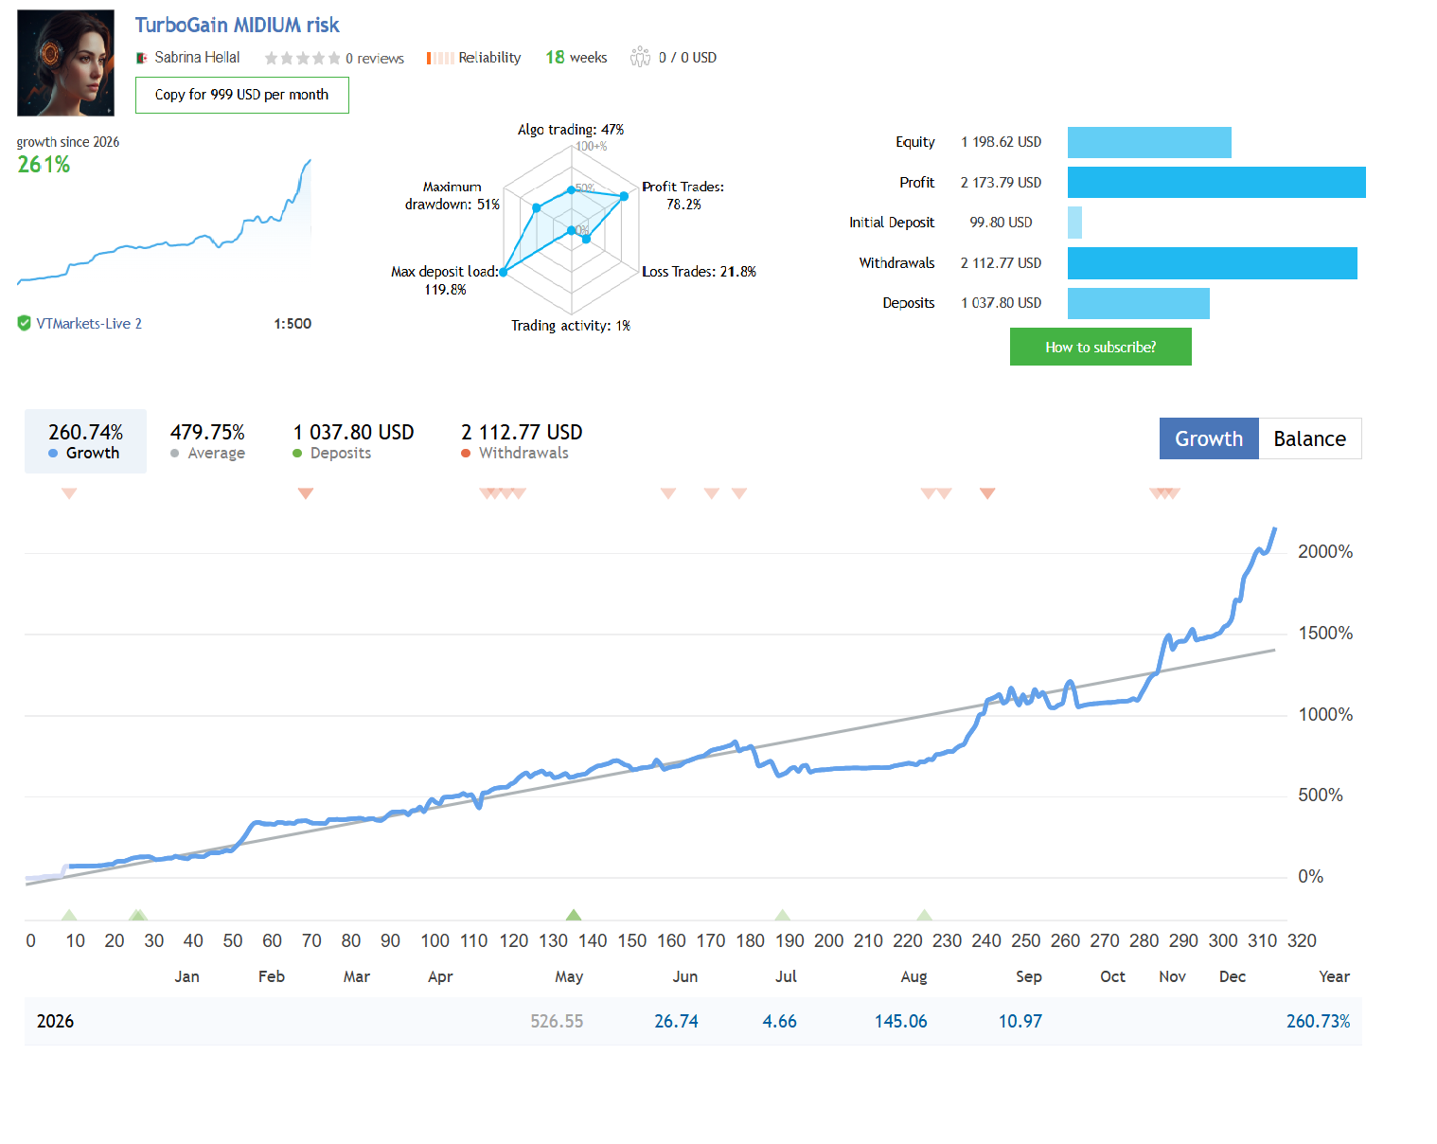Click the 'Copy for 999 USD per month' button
[241, 95]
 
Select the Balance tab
[1309, 438]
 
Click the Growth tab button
[1209, 438]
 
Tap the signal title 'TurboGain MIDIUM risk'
[237, 26]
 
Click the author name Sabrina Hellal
[197, 58]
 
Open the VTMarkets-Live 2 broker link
[89, 324]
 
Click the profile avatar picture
[65, 63]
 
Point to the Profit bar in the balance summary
[1216, 183]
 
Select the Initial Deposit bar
[1074, 223]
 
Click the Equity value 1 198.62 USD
[1001, 142]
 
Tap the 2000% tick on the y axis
[1324, 552]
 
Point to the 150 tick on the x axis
[631, 940]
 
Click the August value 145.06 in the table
[900, 1021]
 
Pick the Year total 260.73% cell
[1318, 1021]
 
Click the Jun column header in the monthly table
[685, 976]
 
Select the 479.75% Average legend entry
[207, 441]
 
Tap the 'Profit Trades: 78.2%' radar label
[683, 195]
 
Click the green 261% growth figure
[44, 165]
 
